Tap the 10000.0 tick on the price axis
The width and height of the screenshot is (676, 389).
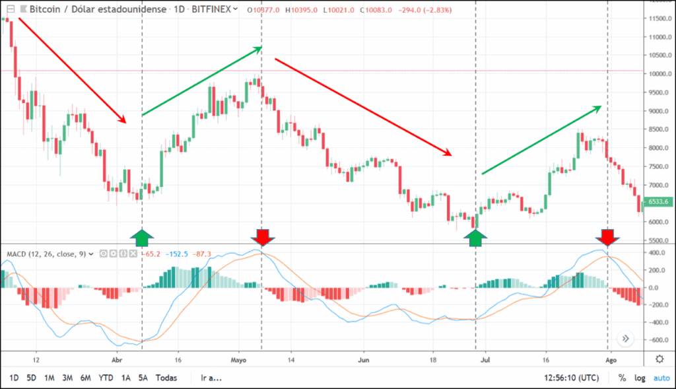[658, 74]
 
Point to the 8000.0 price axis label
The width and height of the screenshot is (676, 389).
[658, 148]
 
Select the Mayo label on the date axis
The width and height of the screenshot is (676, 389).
[239, 360]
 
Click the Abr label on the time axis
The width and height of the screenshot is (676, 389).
[118, 360]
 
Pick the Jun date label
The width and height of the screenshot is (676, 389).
[364, 360]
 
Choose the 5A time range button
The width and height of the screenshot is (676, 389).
[143, 378]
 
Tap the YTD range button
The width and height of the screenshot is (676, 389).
[106, 378]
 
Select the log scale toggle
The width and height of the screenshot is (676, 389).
[639, 378]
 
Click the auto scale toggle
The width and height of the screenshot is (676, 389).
[661, 378]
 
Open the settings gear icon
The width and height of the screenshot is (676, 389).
[659, 359]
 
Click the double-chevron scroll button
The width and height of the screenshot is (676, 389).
[626, 339]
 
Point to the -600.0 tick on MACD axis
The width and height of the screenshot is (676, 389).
[656, 340]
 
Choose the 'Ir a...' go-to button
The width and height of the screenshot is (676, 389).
[211, 378]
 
